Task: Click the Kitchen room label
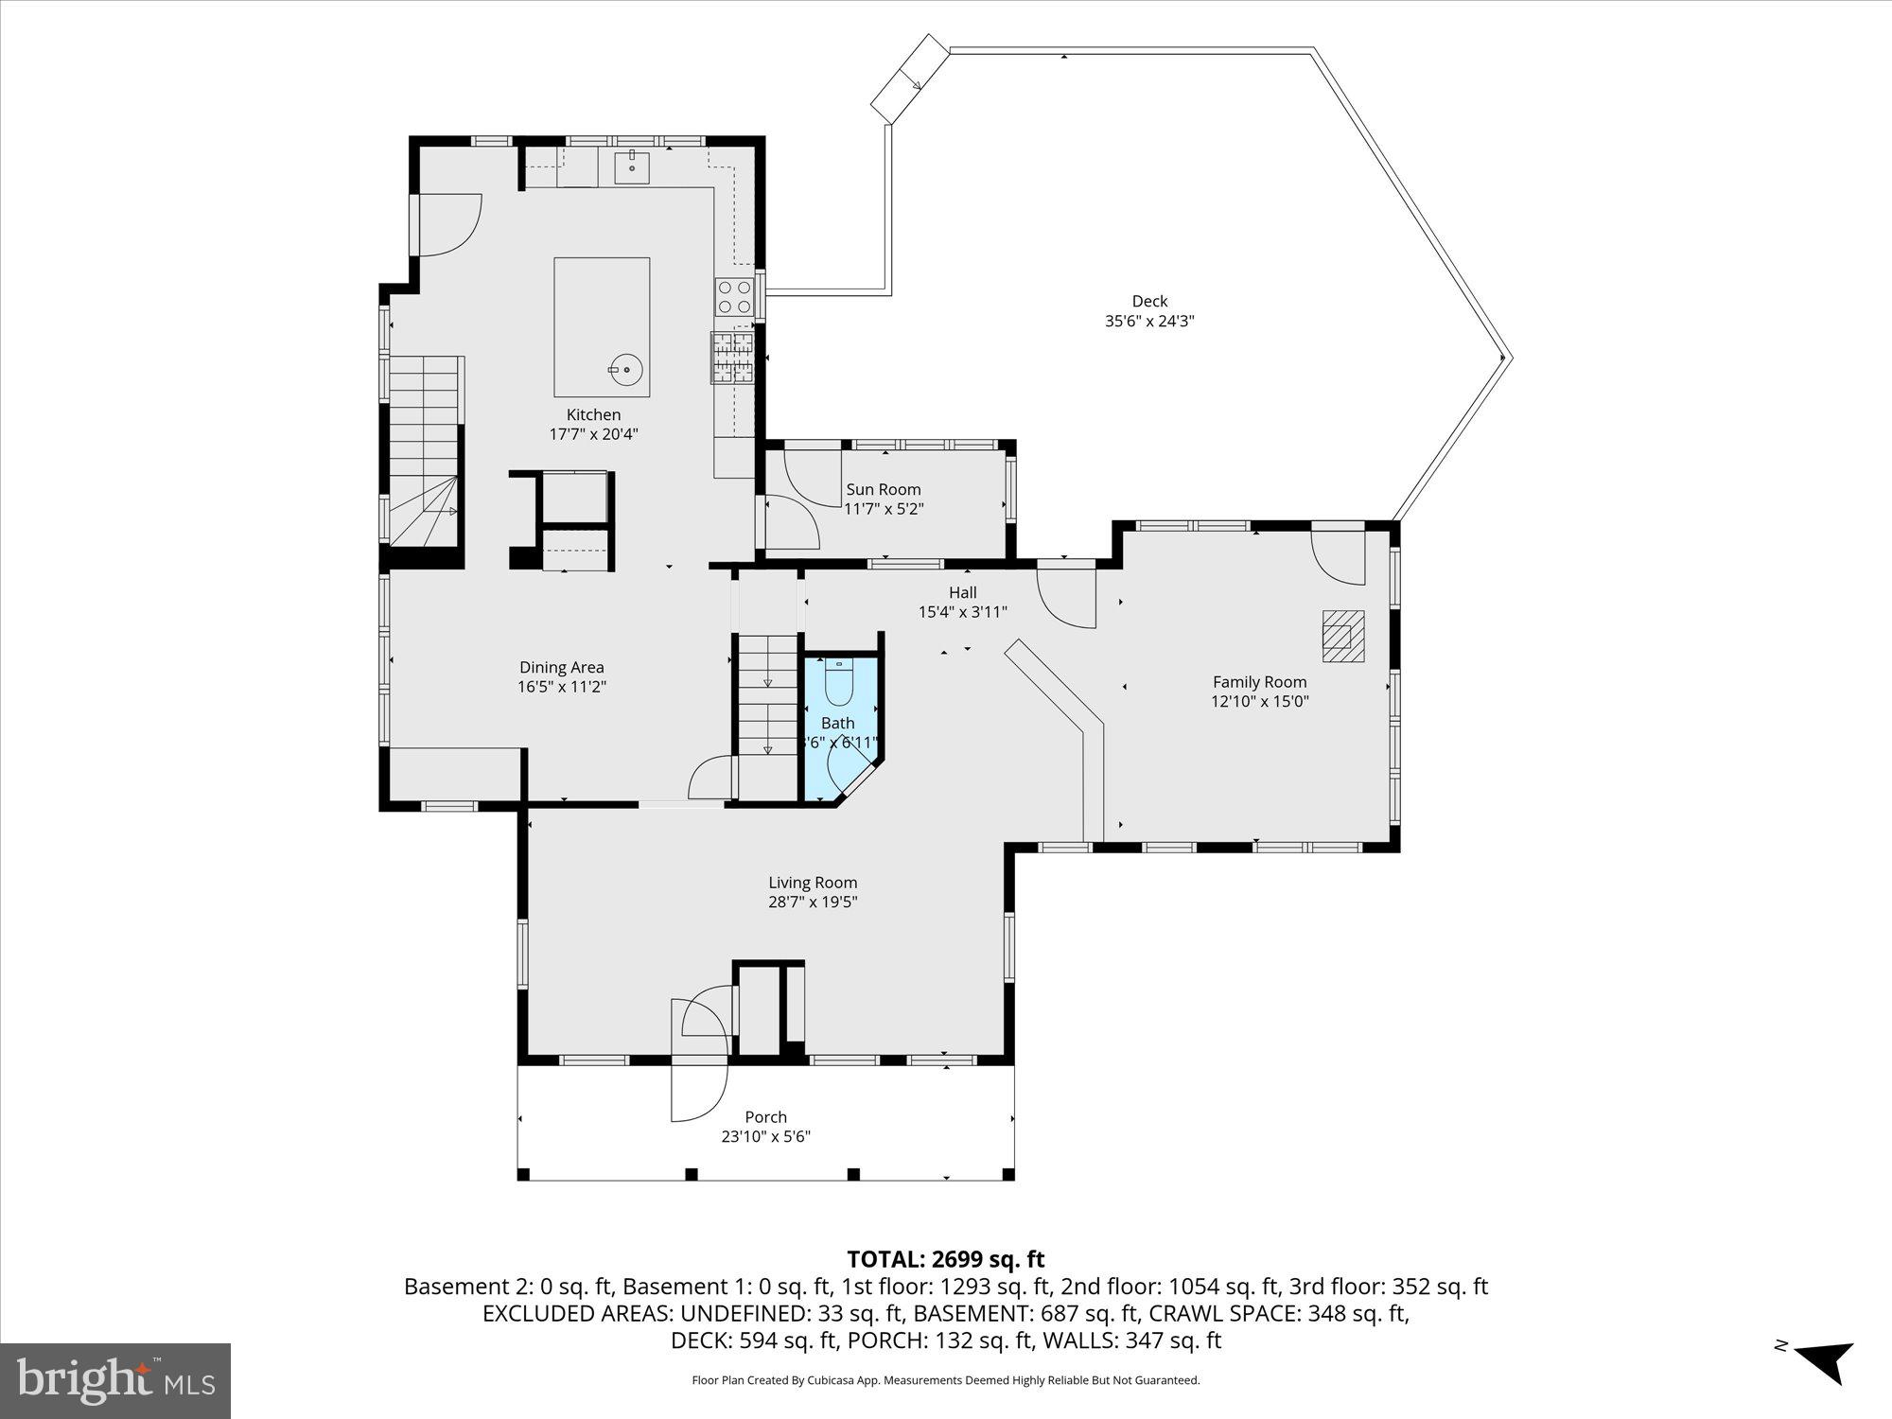pos(593,414)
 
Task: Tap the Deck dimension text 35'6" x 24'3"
pos(1149,321)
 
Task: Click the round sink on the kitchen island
pos(625,370)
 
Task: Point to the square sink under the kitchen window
pos(631,168)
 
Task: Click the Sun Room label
pos(883,489)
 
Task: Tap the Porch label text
pos(765,1117)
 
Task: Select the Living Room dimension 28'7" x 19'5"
pos(813,902)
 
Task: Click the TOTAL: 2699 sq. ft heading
pos(945,1259)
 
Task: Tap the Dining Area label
pos(561,667)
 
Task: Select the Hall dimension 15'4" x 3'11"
pos(962,612)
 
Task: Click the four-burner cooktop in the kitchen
pos(734,296)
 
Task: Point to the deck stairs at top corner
pos(909,79)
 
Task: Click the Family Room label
pos(1259,681)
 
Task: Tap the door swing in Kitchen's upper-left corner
pos(448,224)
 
